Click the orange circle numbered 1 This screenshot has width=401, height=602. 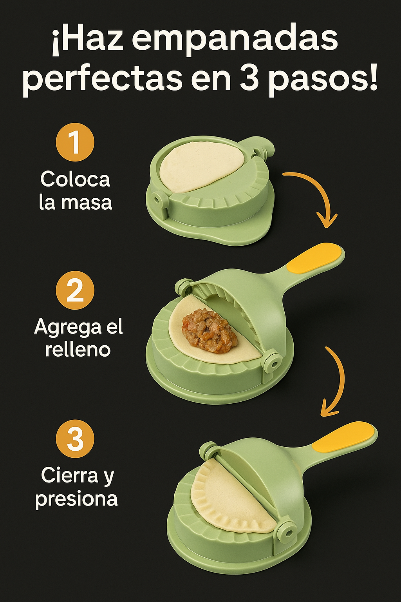tap(75, 142)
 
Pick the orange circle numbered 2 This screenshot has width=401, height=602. tap(75, 290)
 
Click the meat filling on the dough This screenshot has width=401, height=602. tap(210, 327)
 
